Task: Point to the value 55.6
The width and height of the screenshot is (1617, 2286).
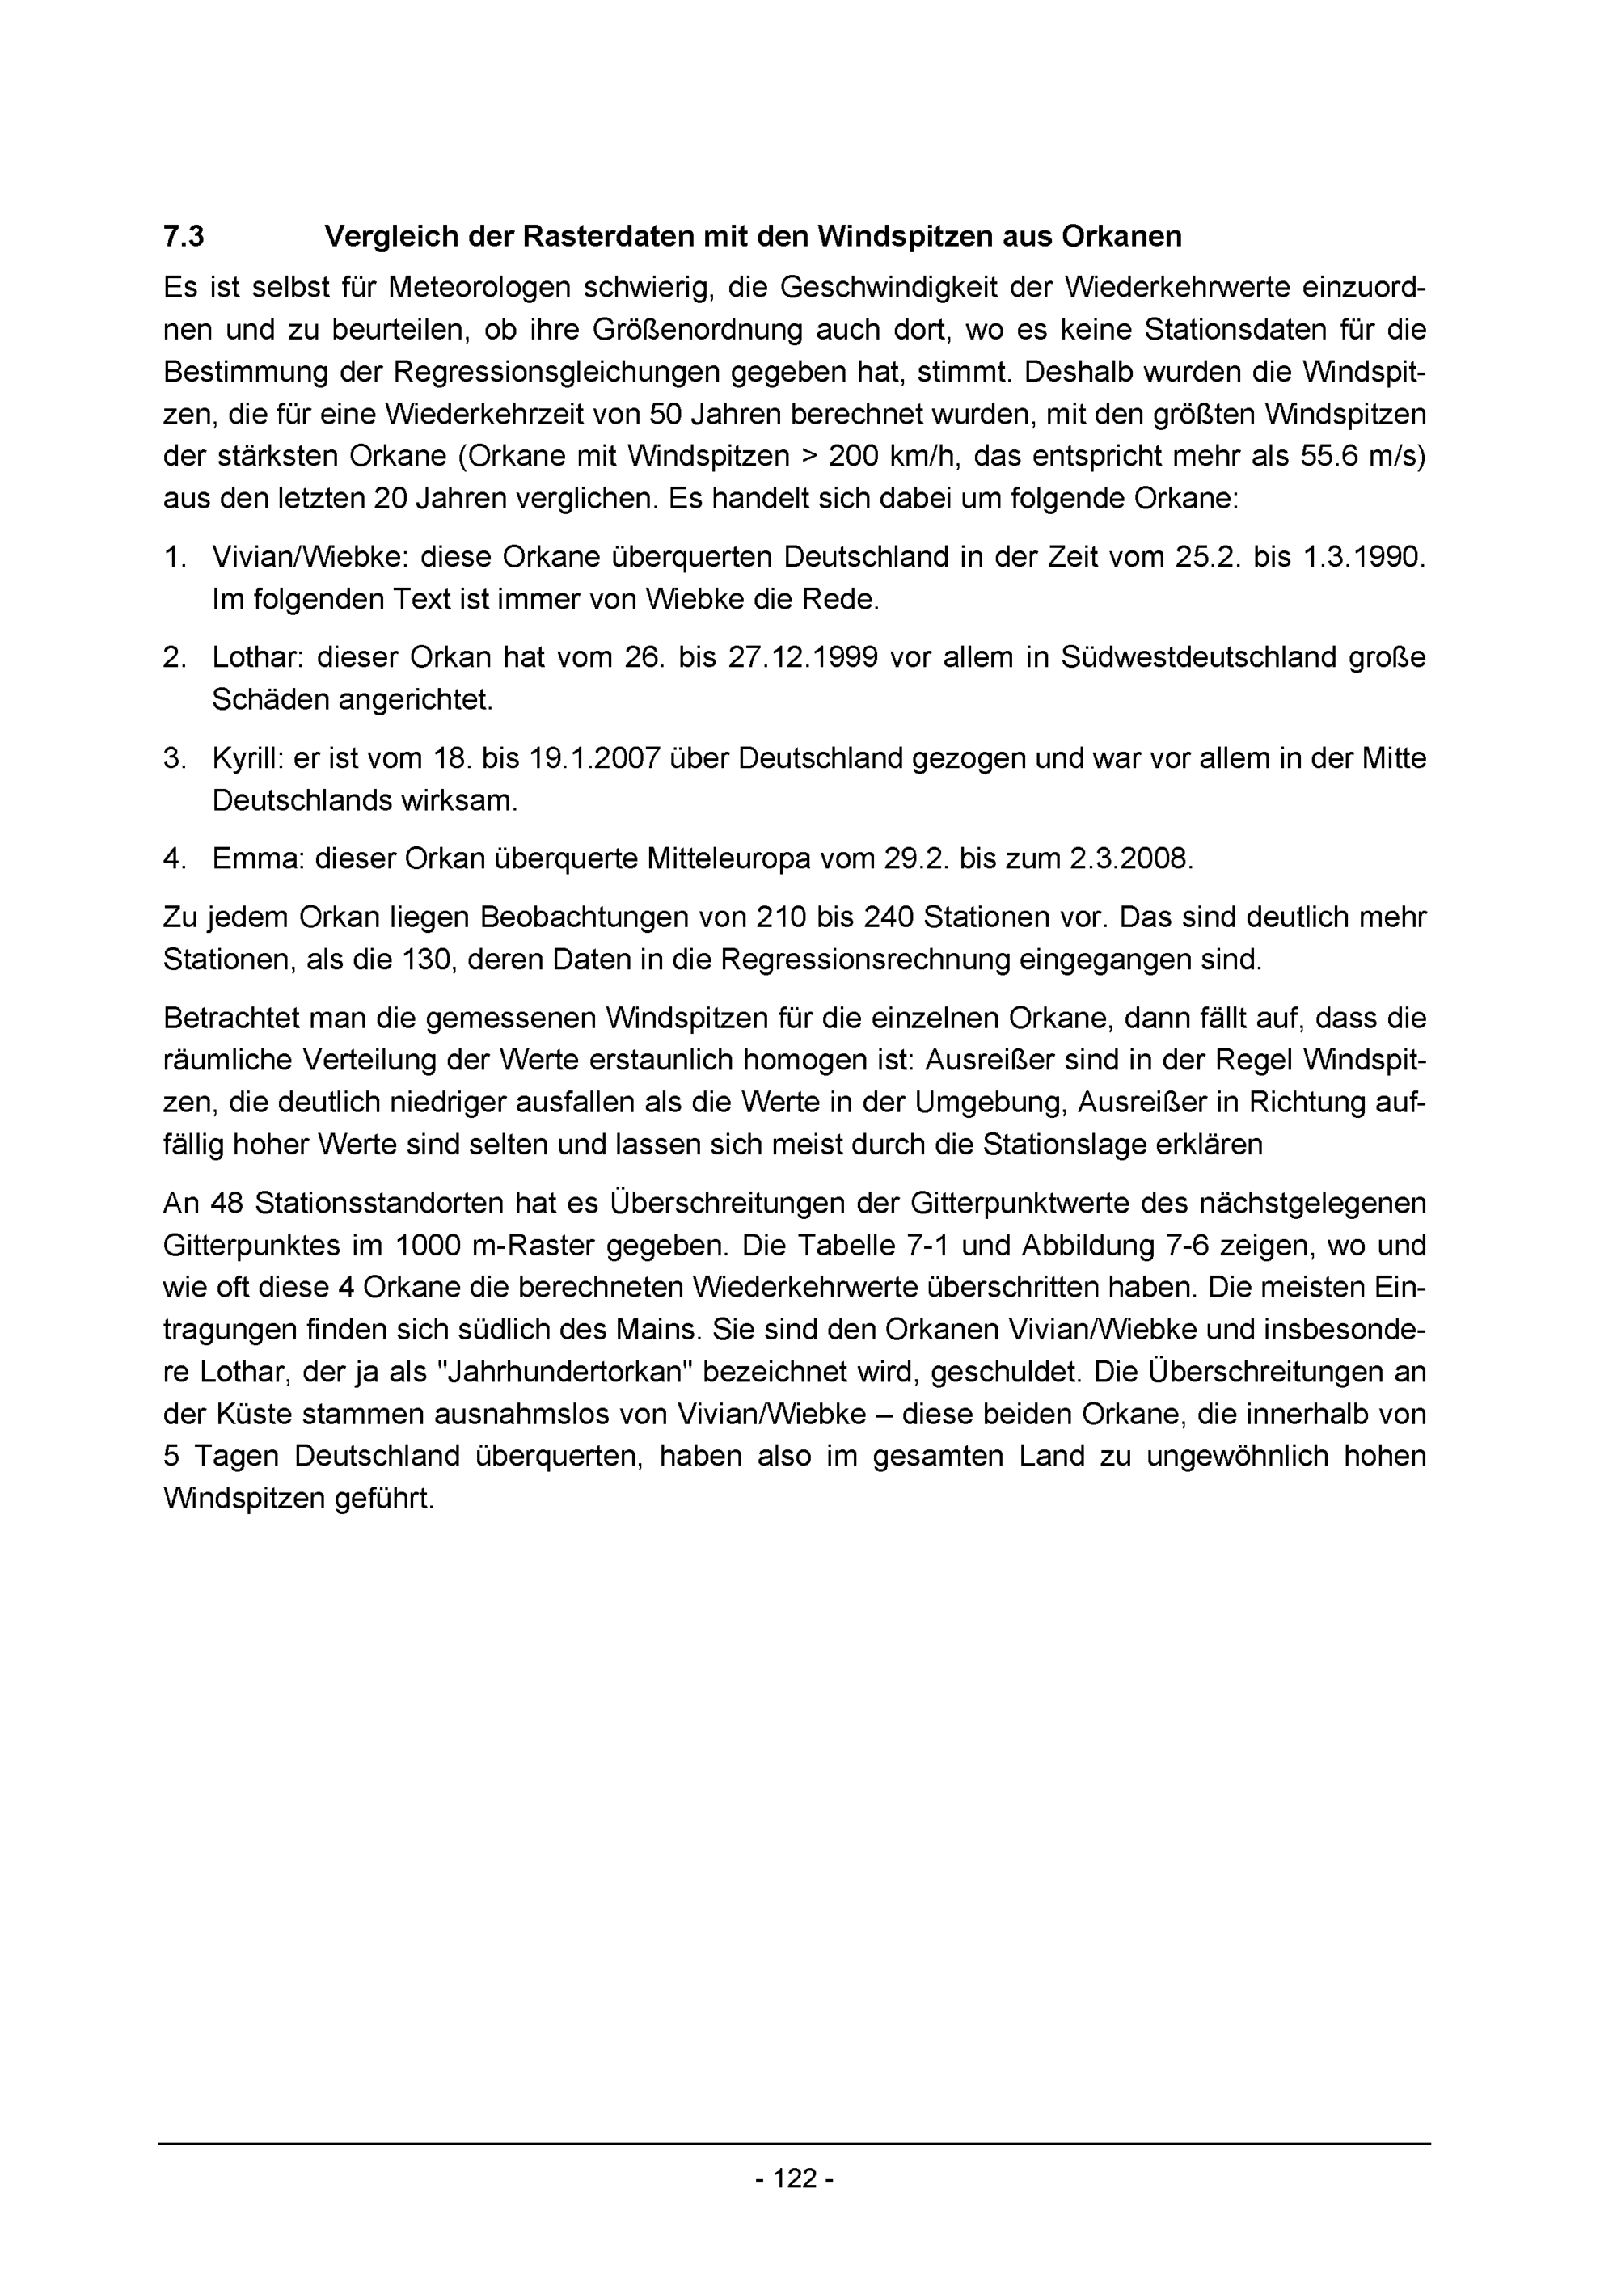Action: pyautogui.click(x=1328, y=456)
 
